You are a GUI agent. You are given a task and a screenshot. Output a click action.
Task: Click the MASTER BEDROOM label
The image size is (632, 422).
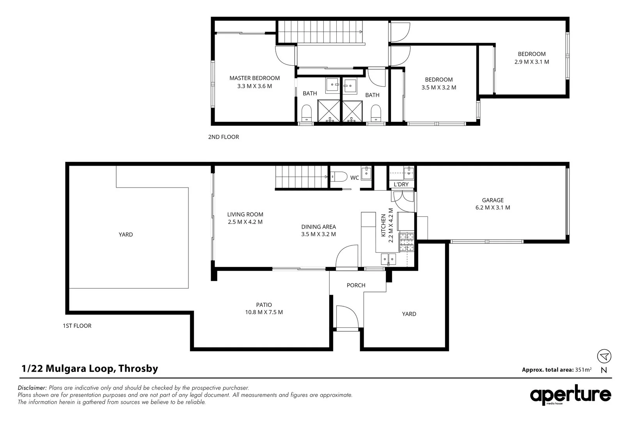coord(254,78)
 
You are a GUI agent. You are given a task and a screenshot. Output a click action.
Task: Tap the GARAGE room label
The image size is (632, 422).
coord(493,200)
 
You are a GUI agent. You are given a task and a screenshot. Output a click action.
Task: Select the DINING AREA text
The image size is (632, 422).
coord(319,227)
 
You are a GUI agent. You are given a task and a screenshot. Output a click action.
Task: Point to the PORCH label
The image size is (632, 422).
coord(356,285)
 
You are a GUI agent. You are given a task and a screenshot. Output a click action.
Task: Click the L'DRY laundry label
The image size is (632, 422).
coord(401,184)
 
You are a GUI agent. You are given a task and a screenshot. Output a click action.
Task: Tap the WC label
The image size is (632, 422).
coord(355,178)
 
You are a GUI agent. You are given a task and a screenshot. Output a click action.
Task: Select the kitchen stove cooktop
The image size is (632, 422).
coord(406,242)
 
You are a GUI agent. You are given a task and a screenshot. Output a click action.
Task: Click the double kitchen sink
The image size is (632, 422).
coord(389,259)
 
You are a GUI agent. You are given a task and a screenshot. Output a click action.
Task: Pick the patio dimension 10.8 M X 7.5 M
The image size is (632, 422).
coord(264,312)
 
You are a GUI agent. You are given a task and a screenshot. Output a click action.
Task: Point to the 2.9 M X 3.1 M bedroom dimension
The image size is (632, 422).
coord(532,62)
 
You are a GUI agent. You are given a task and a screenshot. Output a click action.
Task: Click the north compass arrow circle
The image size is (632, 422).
coord(604,356)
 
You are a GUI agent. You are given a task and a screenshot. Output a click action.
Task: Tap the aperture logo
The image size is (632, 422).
coord(570,395)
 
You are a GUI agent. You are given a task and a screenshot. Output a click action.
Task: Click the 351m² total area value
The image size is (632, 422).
coord(583,369)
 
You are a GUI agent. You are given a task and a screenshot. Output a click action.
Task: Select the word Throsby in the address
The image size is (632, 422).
coord(138,368)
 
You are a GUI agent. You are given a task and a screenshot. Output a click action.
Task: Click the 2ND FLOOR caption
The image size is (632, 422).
coord(224,137)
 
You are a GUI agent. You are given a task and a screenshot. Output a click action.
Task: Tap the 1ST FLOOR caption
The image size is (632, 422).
coord(77,325)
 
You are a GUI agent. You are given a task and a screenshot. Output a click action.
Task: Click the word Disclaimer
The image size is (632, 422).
coord(32,388)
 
